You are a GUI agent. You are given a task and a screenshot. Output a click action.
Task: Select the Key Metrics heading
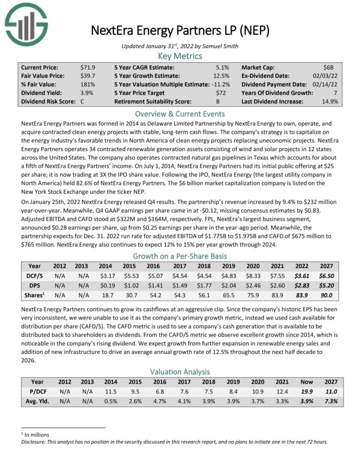coord(180,56)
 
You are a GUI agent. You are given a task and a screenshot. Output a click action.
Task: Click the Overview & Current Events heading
coord(180,114)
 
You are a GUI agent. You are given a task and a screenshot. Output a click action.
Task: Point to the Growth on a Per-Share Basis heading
coord(180,256)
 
